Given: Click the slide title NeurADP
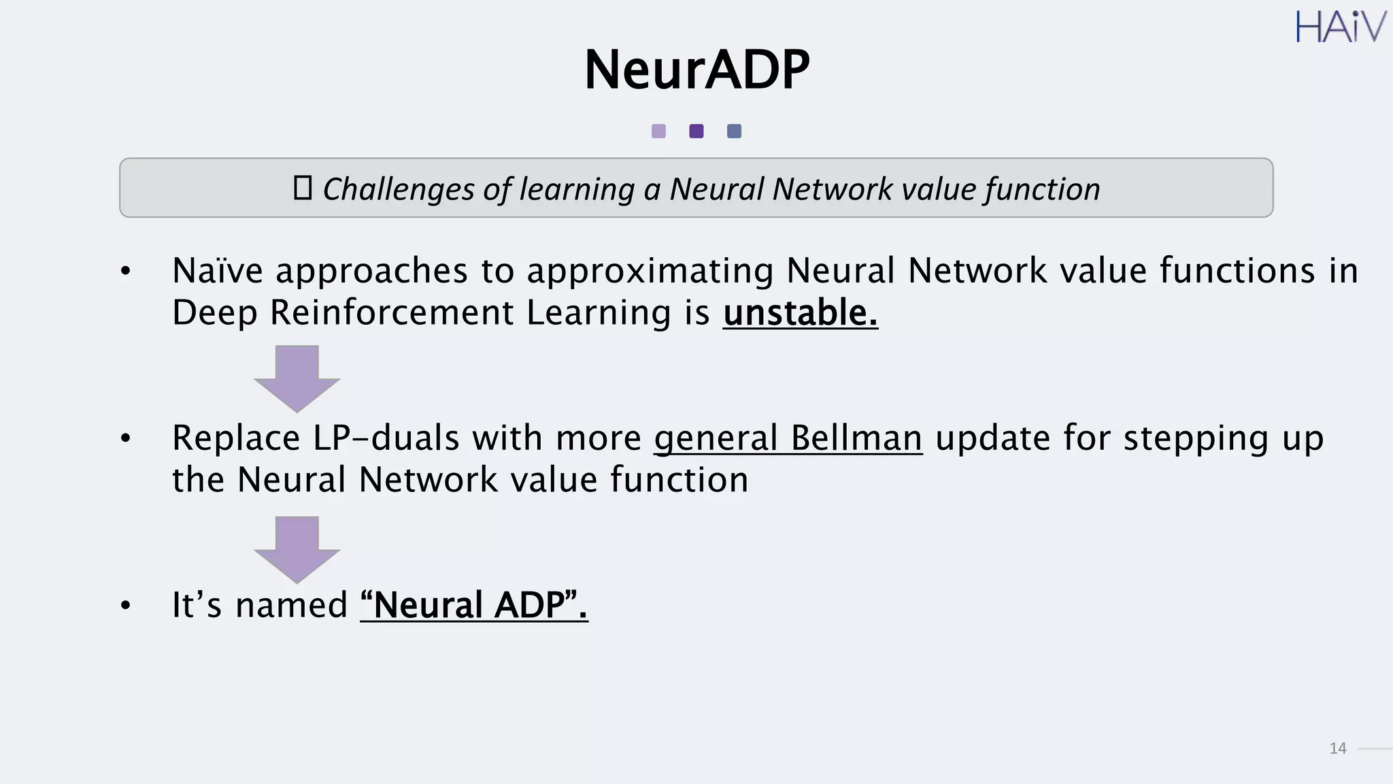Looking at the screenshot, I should (696, 69).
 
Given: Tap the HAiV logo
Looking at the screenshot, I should (1340, 27).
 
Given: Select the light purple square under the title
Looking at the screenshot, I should (658, 131).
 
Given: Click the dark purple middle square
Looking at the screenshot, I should (696, 131).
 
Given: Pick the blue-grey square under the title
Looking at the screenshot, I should (734, 131).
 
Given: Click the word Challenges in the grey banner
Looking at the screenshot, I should (398, 189).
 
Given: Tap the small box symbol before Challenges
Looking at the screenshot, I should (302, 188).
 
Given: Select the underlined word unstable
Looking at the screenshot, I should (800, 313).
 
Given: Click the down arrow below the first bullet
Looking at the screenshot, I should (297, 378).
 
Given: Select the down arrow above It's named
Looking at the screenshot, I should (297, 549).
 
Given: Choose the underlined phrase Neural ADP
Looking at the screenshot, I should (474, 604).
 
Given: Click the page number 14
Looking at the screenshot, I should (1337, 749).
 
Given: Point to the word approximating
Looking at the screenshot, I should (650, 272).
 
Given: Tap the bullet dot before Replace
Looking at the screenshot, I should (125, 438).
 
